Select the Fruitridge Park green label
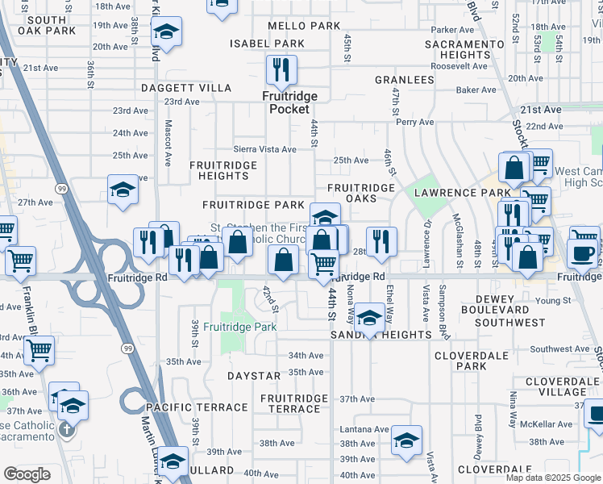239,327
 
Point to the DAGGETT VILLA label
186,88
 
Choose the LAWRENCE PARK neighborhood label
463,193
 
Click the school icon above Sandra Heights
370,318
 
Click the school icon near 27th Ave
123,190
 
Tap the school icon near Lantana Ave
406,440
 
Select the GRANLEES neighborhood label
404,81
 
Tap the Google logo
27,474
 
